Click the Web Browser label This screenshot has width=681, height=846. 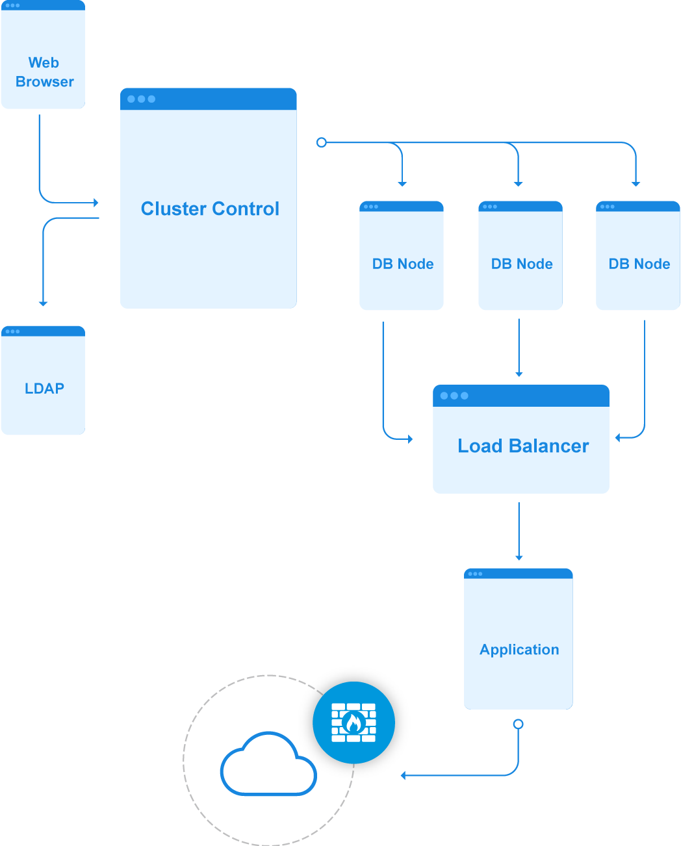[x=44, y=72]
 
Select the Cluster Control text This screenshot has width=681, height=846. [x=210, y=209]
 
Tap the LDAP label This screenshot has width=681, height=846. [x=44, y=389]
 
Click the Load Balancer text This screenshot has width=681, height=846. [x=523, y=446]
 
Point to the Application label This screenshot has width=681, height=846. [x=519, y=650]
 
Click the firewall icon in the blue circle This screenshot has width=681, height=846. [x=353, y=723]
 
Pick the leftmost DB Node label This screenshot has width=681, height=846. [x=403, y=264]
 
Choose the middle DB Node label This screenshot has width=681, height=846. [x=522, y=264]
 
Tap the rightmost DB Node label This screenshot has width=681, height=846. [x=639, y=264]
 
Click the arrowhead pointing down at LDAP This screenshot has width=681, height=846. [x=43, y=303]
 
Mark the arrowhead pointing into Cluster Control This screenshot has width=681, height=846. [x=96, y=203]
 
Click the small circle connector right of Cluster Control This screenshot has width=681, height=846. [x=321, y=142]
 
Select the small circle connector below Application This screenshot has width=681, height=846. [x=518, y=724]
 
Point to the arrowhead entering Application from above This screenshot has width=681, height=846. [x=519, y=557]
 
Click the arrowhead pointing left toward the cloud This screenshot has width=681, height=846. [x=404, y=775]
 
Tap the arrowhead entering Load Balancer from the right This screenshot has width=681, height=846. [x=618, y=438]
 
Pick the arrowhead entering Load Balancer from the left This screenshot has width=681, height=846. [x=410, y=439]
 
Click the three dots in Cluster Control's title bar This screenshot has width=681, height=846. [x=141, y=99]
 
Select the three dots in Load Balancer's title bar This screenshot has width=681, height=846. [x=454, y=396]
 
